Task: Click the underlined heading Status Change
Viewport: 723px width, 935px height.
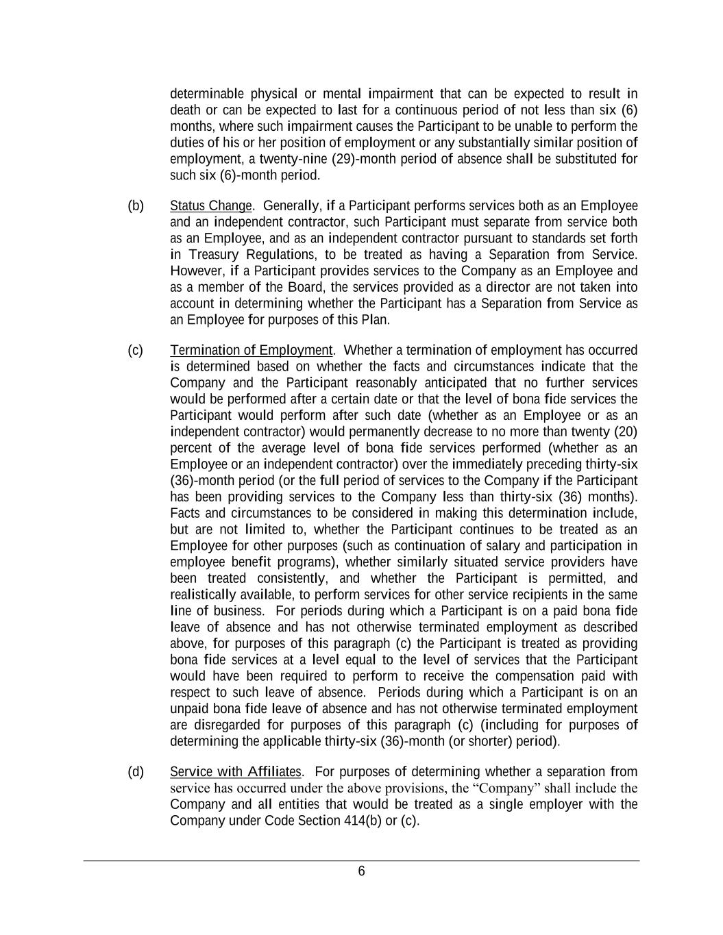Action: point(210,205)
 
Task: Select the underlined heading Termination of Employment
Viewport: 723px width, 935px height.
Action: point(251,350)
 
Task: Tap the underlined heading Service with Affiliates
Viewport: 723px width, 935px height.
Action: point(235,771)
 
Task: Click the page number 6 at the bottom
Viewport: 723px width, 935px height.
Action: point(361,871)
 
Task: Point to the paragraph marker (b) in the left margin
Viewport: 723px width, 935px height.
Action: point(136,205)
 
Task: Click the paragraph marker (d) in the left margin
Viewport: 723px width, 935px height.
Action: point(136,771)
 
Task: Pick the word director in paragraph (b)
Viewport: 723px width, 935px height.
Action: point(506,287)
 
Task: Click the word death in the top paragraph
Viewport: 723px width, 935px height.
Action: point(185,110)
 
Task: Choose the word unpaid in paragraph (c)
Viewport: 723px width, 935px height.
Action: point(188,709)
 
